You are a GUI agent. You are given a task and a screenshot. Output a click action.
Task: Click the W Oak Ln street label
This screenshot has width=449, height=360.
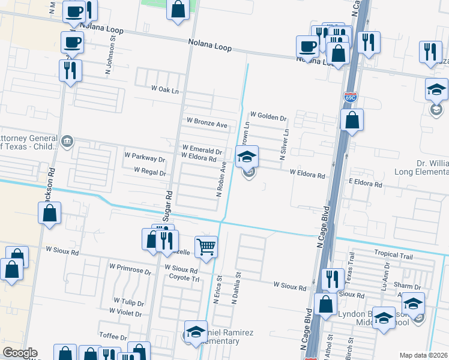[165, 89]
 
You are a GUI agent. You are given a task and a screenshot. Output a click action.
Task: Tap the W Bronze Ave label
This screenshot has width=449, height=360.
[207, 125]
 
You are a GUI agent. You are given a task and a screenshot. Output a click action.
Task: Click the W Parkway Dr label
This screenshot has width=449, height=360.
[145, 160]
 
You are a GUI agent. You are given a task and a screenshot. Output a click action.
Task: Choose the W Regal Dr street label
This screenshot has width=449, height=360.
[149, 172]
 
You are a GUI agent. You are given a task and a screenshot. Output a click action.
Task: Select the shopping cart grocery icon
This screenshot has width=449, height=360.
[206, 246]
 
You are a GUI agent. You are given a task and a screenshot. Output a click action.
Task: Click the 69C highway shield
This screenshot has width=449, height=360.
[350, 96]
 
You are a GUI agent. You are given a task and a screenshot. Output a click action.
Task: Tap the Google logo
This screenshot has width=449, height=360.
[19, 353]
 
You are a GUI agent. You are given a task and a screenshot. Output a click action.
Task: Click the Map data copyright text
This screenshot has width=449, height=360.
[423, 355]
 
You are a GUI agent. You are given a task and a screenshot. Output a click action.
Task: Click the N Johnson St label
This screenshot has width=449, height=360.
[112, 46]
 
